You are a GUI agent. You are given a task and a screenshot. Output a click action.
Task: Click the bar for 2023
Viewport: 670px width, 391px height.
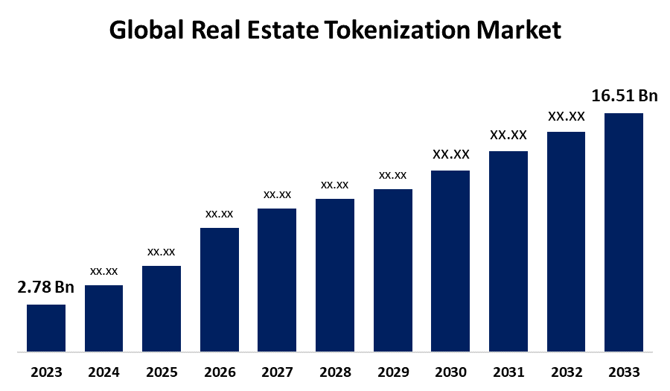tap(46, 328)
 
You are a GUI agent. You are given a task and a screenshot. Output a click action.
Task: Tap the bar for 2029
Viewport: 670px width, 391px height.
tap(393, 270)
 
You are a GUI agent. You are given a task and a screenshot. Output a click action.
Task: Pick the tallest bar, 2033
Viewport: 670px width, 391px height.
tap(624, 232)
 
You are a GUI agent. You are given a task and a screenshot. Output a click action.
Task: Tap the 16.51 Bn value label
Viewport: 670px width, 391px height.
tap(625, 96)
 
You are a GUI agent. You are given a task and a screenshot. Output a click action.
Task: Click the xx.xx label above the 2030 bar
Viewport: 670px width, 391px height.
tap(451, 154)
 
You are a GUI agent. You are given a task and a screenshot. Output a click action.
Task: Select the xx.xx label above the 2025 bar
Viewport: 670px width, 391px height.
tap(162, 251)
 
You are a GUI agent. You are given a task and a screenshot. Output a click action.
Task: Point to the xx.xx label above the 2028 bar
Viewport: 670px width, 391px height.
tap(335, 184)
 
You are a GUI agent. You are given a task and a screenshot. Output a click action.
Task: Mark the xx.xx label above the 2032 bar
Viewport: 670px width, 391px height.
tap(567, 116)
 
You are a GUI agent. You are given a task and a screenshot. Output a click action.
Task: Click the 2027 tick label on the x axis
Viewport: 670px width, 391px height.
tap(278, 372)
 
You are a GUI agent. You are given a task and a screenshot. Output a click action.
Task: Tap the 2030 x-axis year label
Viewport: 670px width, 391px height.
tap(451, 372)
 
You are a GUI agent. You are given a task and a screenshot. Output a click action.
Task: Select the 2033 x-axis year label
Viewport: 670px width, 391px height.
tap(624, 372)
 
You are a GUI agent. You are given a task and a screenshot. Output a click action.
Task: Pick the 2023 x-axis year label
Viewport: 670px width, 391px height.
tap(46, 372)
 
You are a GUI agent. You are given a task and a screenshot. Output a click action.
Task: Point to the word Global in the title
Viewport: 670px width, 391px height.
tap(147, 31)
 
